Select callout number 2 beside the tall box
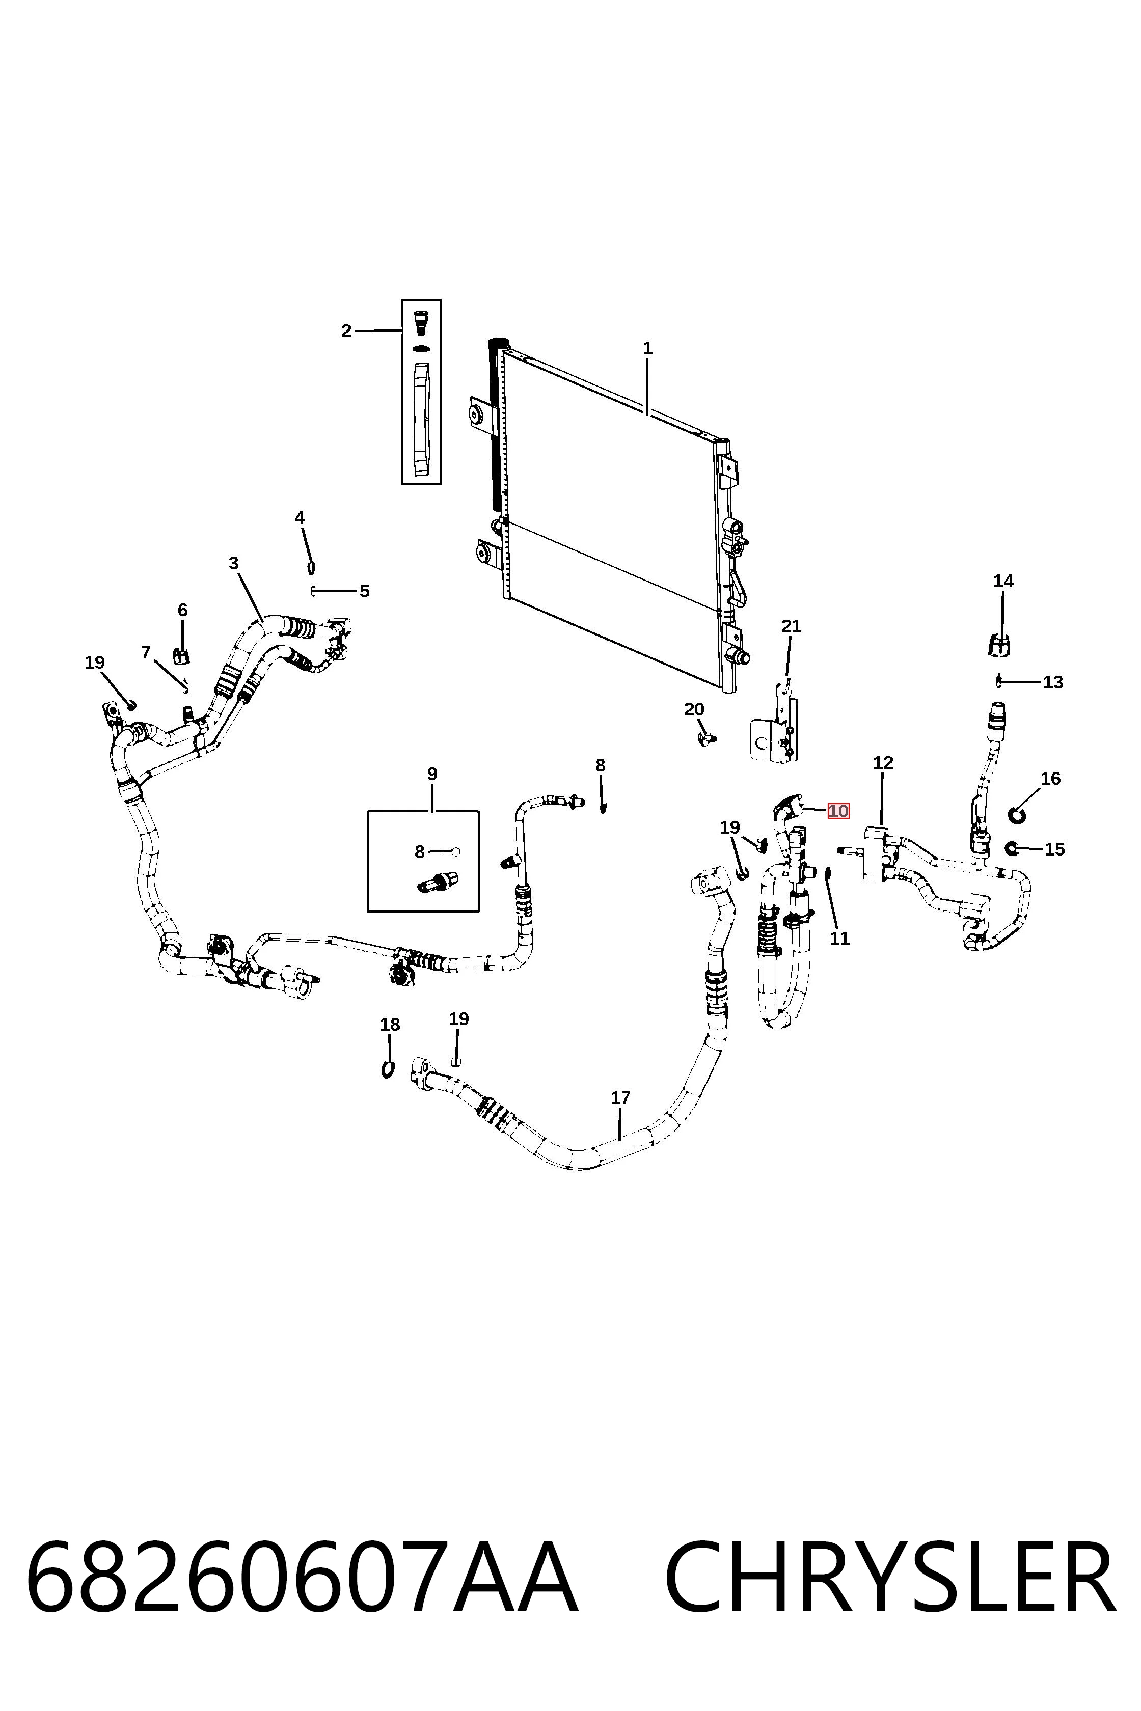[346, 331]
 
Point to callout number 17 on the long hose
[620, 1098]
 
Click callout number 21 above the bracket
[791, 626]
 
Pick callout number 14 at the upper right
[1003, 581]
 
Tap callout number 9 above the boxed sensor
[432, 774]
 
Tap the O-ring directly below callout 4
[311, 567]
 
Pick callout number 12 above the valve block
[883, 762]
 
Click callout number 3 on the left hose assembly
[234, 563]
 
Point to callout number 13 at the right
[1053, 682]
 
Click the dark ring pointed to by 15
[1010, 847]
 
